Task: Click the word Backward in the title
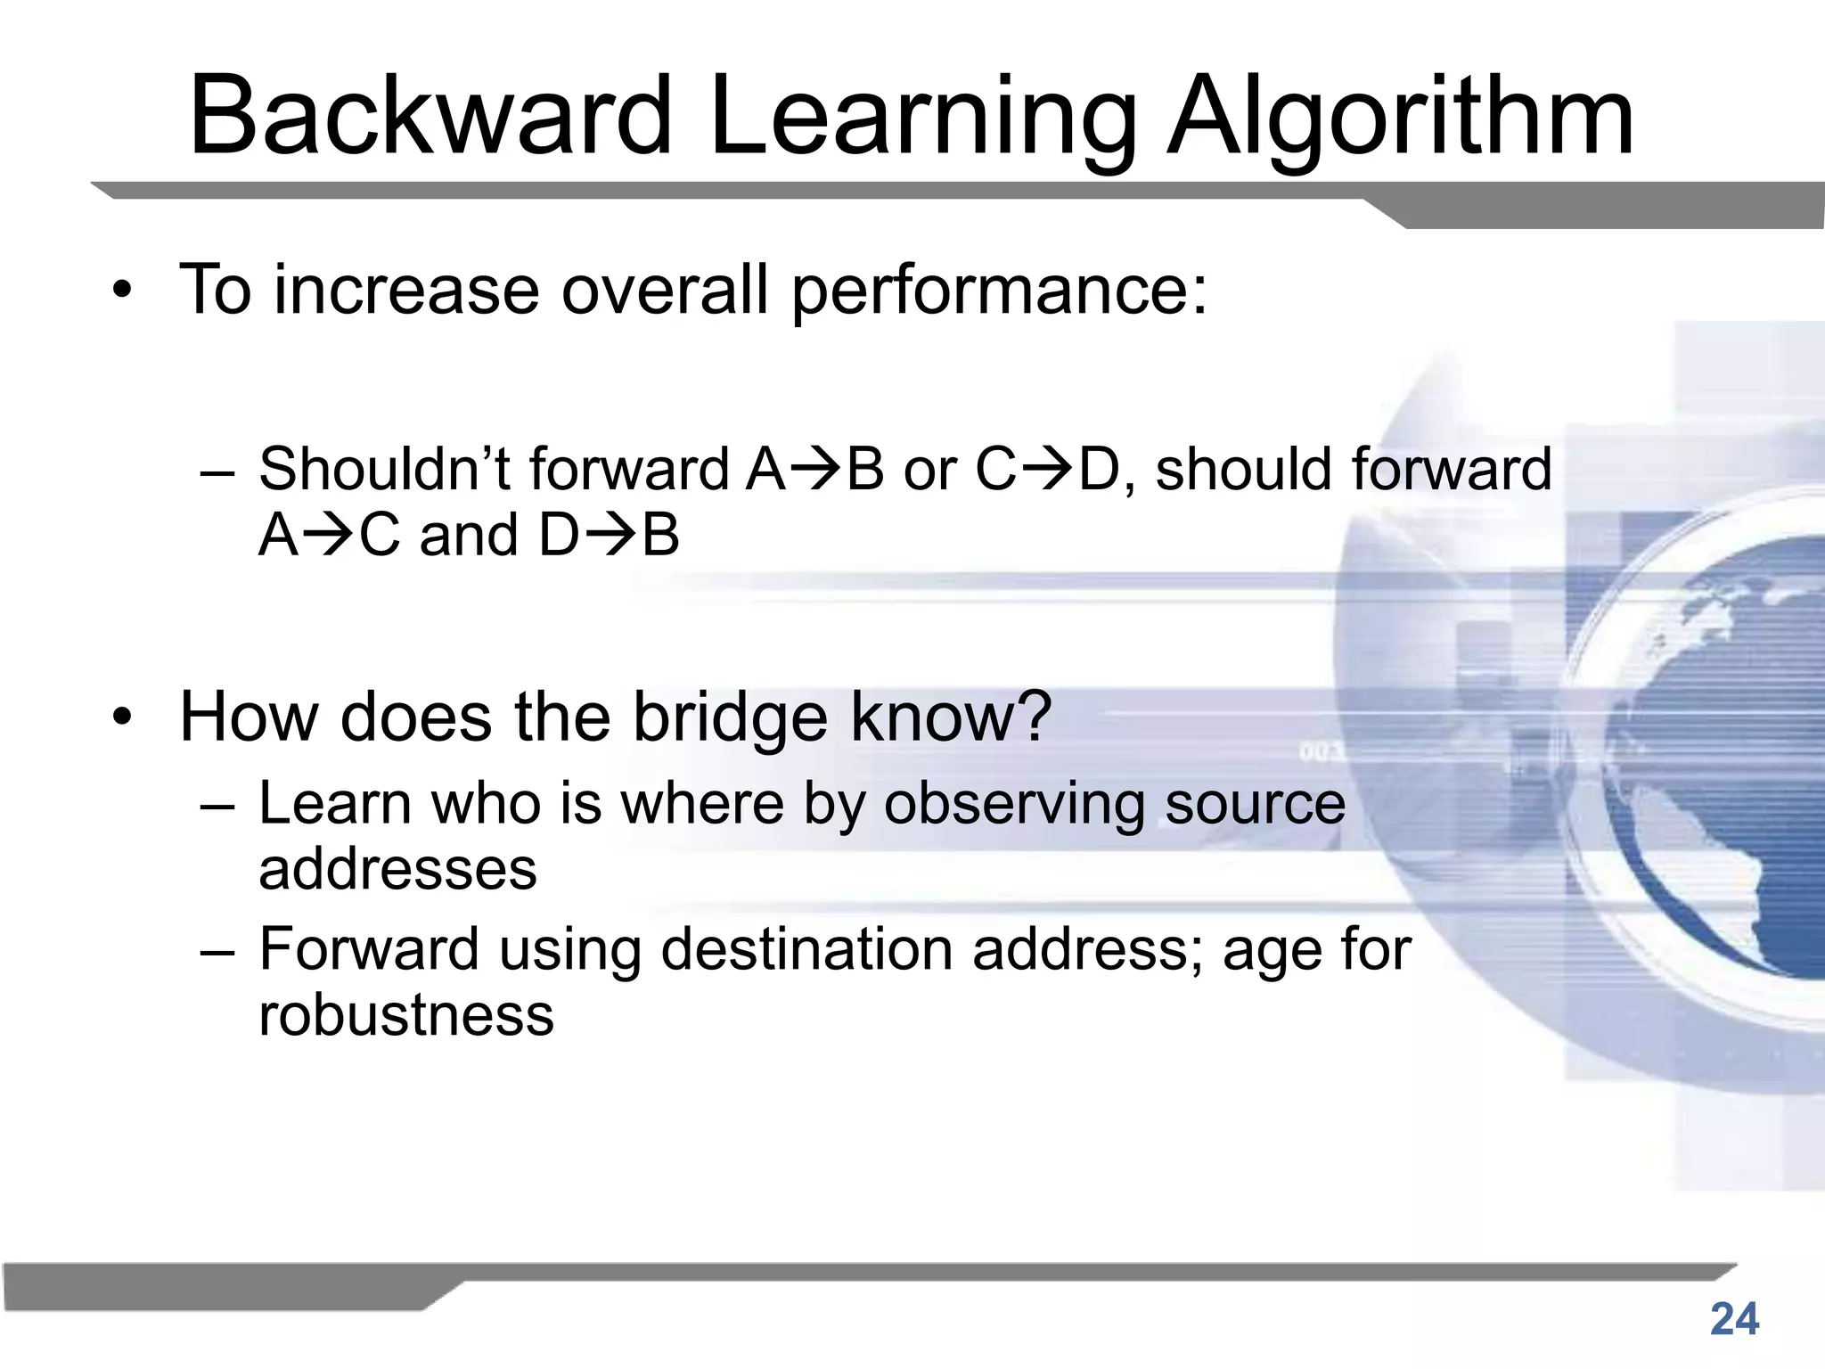click(430, 116)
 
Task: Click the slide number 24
click(1734, 1319)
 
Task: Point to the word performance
click(998, 291)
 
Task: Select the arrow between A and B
click(814, 471)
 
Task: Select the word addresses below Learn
click(397, 870)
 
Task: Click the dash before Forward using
click(217, 950)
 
